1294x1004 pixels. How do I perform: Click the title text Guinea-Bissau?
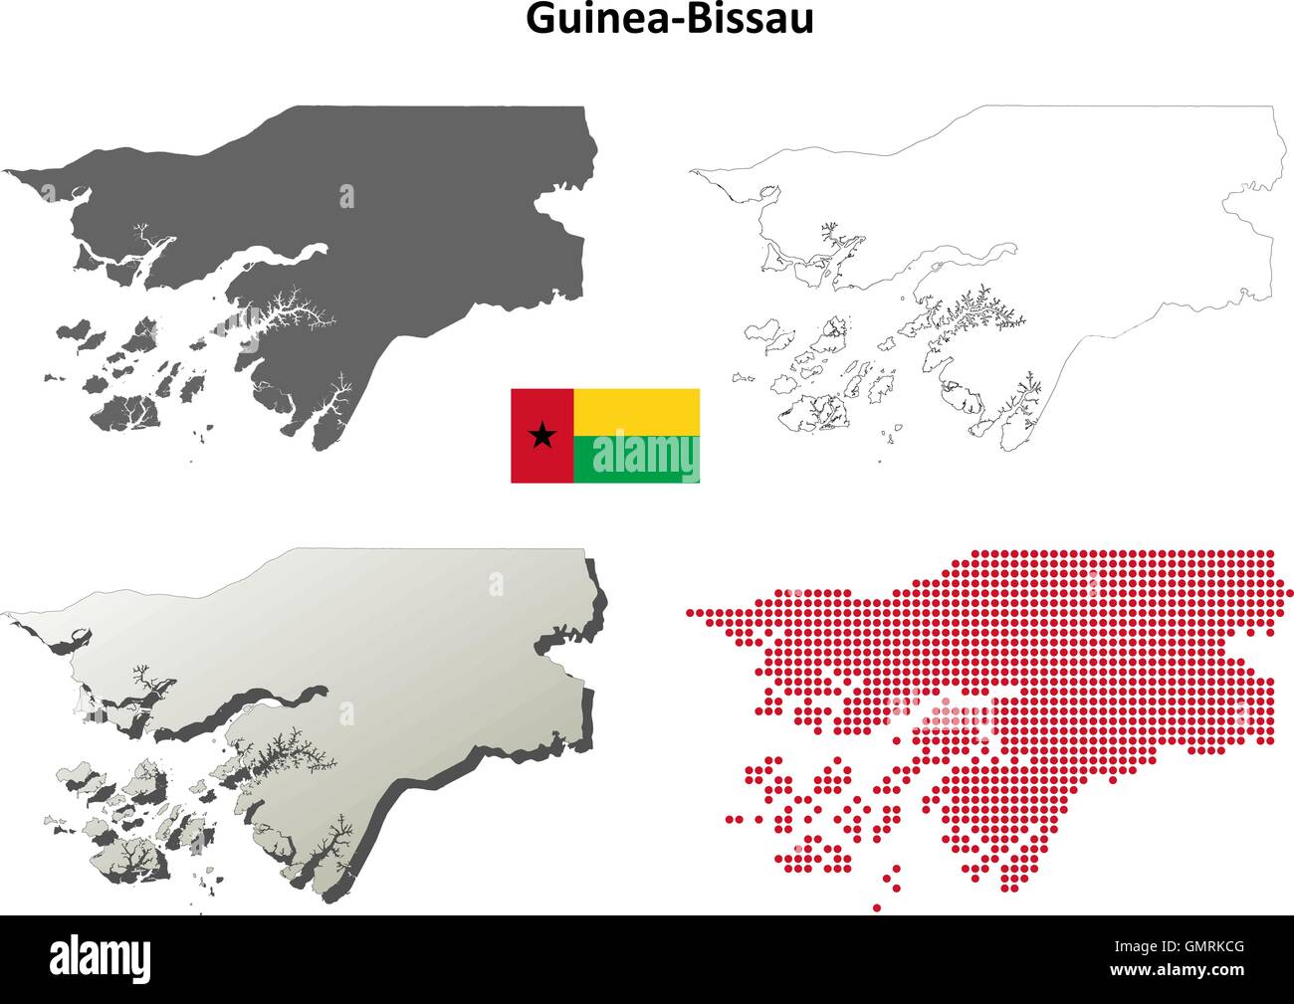(669, 20)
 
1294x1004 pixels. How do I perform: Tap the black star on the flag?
(542, 435)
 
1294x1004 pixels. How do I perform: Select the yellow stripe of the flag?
(636, 411)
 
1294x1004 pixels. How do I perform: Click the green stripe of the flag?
(636, 459)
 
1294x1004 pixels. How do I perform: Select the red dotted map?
(1095, 677)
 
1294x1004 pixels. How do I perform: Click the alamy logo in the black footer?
(101, 960)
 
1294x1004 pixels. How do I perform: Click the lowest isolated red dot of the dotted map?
(877, 907)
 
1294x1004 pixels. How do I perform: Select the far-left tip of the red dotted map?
(689, 612)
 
